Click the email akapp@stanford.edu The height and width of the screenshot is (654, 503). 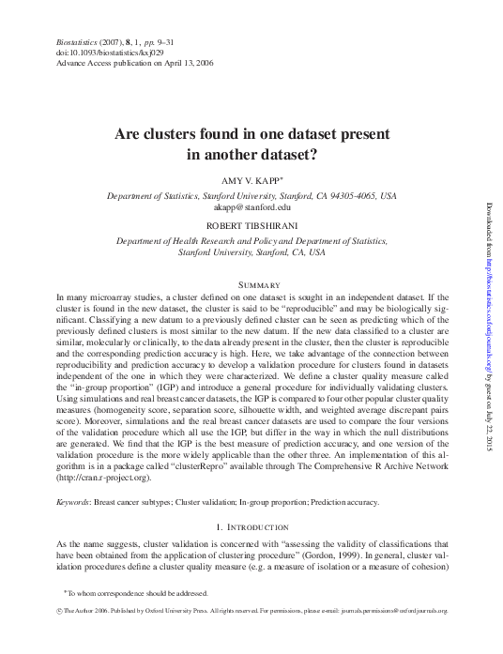pyautogui.click(x=251, y=207)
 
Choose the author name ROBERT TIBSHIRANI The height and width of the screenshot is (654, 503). pyautogui.click(x=251, y=225)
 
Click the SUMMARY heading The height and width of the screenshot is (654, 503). pyautogui.click(x=251, y=285)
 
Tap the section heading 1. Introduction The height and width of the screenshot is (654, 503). pyautogui.click(x=251, y=526)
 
